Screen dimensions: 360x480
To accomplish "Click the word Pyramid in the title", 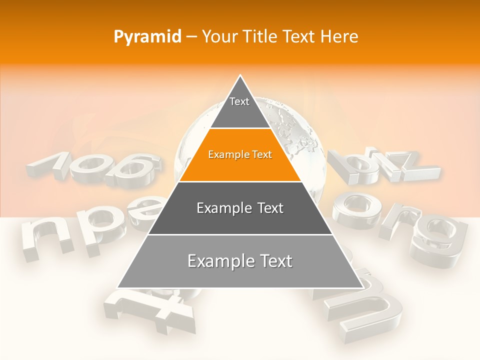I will (147, 37).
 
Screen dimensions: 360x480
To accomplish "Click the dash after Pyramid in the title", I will (191, 37).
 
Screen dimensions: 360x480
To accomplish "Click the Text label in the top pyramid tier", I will (239, 101).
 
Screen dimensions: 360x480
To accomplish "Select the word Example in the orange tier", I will (224, 155).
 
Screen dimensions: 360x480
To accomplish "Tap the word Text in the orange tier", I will (261, 155).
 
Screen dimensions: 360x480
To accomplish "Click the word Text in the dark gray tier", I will (267, 208).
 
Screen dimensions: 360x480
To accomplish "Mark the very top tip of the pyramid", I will (240, 76).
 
